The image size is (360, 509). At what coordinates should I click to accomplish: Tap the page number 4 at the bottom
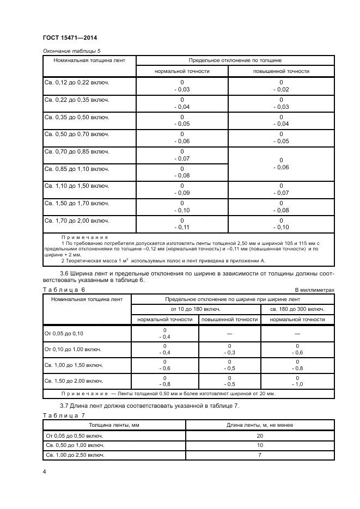(x=44, y=471)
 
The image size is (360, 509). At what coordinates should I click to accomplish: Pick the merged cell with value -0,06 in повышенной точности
(x=281, y=164)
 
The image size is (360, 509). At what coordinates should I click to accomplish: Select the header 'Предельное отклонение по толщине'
(x=235, y=60)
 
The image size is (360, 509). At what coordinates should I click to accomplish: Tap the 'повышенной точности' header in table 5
(x=281, y=71)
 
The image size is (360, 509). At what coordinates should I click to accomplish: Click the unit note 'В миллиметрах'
(x=314, y=290)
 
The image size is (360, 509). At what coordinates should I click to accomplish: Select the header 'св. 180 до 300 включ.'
(x=297, y=309)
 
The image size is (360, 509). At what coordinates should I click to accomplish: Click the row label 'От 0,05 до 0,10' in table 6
(x=64, y=333)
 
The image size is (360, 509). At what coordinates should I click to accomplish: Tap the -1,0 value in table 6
(x=297, y=384)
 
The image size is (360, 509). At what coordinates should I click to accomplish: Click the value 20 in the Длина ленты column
(x=260, y=436)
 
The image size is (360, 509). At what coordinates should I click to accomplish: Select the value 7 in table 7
(x=260, y=454)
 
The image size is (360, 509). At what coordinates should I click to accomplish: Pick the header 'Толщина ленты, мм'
(x=114, y=425)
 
